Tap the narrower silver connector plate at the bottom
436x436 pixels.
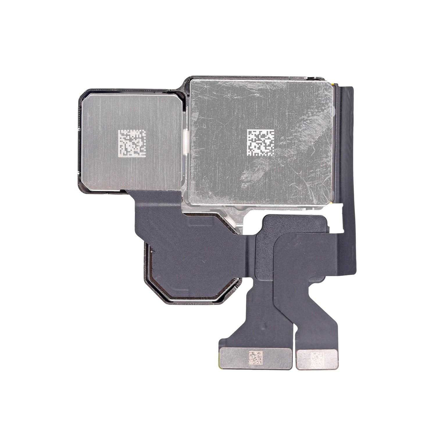tap(302, 359)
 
